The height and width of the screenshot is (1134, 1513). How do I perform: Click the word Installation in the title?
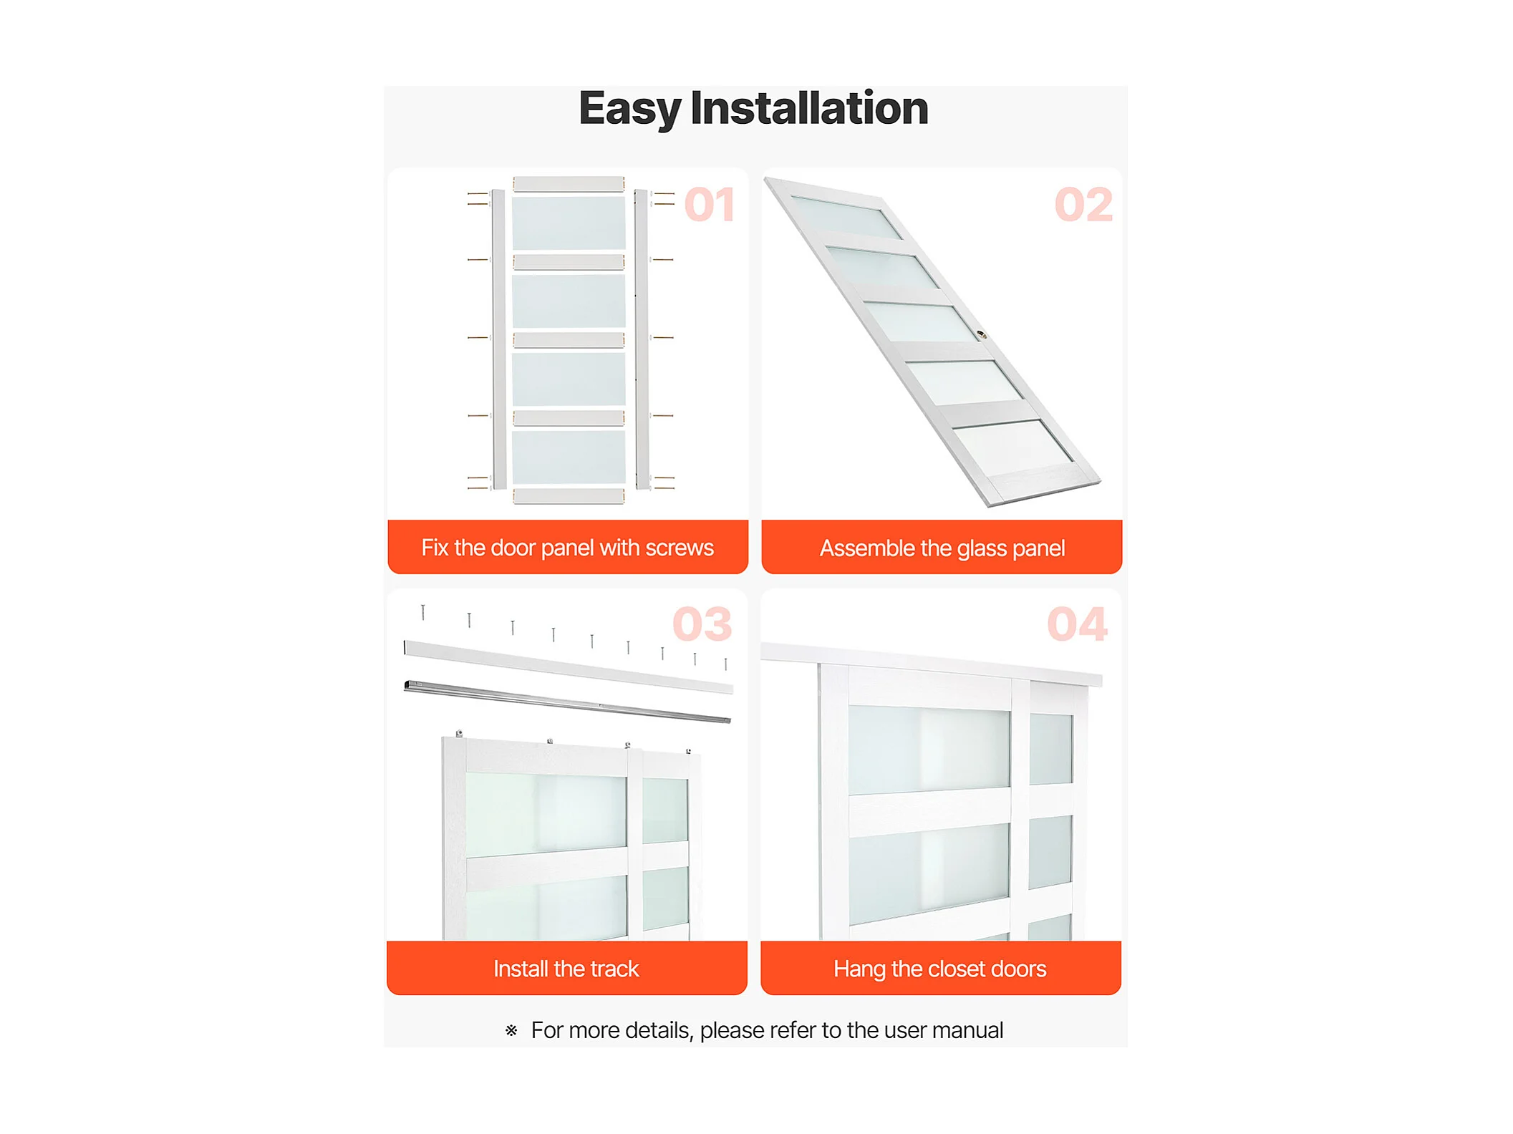tap(809, 108)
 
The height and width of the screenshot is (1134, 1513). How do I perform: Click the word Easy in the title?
tap(629, 110)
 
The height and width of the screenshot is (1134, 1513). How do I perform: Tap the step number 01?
tap(710, 205)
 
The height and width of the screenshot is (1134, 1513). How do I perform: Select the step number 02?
tap(1083, 205)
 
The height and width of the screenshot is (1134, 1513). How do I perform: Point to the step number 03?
tap(702, 624)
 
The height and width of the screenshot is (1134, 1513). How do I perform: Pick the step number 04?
tap(1077, 624)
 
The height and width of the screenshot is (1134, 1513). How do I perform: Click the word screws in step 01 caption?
tap(680, 548)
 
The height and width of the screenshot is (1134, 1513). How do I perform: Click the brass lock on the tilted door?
tap(982, 334)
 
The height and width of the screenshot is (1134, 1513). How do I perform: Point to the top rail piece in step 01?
tap(569, 184)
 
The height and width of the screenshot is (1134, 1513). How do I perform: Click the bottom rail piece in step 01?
tap(569, 495)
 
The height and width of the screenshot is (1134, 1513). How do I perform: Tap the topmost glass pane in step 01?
tap(569, 223)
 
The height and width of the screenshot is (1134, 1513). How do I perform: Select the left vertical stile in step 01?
tap(499, 340)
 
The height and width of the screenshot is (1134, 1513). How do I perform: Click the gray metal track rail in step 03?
tap(567, 702)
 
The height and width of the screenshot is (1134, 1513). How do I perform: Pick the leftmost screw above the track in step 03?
tap(423, 612)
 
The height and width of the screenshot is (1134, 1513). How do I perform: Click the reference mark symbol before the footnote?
tap(511, 1031)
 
